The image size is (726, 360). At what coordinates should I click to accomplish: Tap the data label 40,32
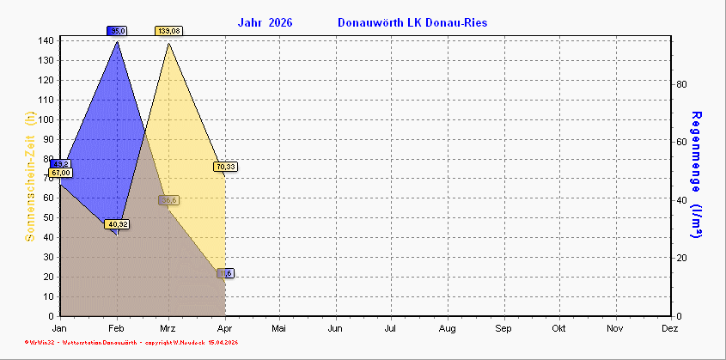[117, 224]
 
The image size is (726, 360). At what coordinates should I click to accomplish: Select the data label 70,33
[227, 167]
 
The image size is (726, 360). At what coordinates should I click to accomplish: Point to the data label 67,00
[61, 173]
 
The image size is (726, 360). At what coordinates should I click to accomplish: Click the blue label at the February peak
[118, 31]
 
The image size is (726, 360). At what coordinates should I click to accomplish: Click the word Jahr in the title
[250, 22]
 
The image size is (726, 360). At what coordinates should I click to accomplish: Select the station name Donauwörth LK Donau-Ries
[412, 22]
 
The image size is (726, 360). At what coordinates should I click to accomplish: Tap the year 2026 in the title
[280, 22]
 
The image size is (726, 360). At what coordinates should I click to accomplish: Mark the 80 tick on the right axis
[680, 84]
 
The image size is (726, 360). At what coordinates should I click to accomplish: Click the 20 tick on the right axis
[680, 259]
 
